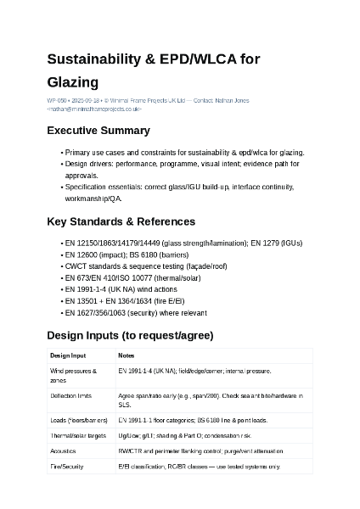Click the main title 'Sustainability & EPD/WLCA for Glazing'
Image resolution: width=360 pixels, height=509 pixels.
click(153, 70)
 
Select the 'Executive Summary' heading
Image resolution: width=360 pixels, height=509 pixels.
click(98, 131)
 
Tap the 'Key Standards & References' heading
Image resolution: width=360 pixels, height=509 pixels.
click(121, 221)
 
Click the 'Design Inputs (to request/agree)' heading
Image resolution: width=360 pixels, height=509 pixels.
click(130, 335)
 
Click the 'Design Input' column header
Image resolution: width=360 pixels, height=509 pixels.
click(68, 355)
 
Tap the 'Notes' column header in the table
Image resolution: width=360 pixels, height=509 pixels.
click(126, 355)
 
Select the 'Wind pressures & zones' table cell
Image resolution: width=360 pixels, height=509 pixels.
click(74, 376)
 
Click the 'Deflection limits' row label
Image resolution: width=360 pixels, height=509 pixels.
click(70, 396)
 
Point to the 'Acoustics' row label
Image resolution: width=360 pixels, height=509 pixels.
click(63, 450)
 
